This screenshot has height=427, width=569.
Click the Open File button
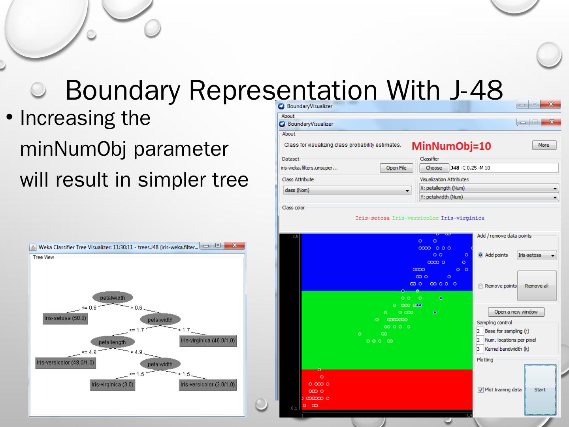pos(396,168)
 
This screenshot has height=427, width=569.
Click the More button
pos(544,145)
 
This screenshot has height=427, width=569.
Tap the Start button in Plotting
pos(540,389)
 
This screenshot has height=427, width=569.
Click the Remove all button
pos(537,286)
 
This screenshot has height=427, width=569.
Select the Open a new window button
pos(516,312)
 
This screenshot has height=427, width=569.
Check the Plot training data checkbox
pos(480,390)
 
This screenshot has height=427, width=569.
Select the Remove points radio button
pos(480,286)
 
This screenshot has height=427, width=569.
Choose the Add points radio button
pos(480,255)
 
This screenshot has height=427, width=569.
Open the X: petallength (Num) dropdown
pos(489,188)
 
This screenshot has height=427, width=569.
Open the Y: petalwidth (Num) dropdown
pos(489,197)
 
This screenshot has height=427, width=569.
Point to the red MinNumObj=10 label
pos(451,146)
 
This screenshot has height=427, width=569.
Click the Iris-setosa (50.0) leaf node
pos(65,318)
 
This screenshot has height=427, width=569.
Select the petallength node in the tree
pos(112,342)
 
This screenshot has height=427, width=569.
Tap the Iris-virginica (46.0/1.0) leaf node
pos(208,340)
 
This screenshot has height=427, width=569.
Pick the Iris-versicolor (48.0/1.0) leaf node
pos(66,363)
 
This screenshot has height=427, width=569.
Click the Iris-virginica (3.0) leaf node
pos(113,384)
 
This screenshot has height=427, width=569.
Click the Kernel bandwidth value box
pos(479,349)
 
